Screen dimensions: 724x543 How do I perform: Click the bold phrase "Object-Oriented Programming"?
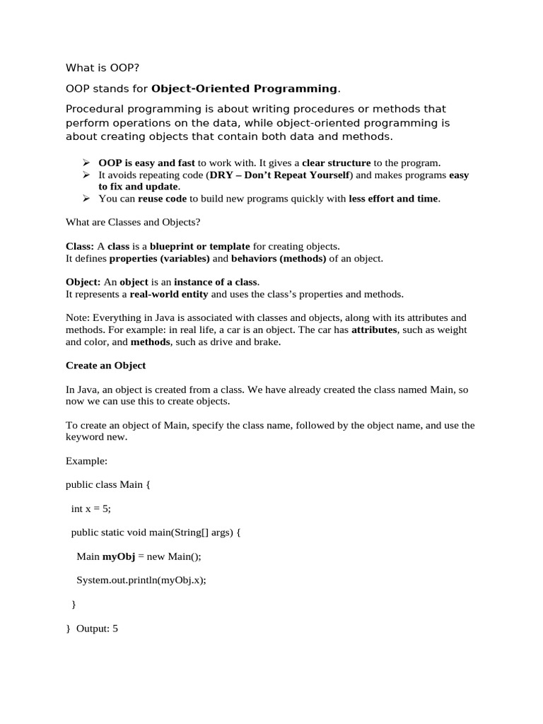coord(245,88)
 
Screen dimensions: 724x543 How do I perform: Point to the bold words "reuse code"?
coord(162,199)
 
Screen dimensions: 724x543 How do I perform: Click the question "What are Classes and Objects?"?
coord(133,223)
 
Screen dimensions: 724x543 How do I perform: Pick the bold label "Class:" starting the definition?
coord(80,247)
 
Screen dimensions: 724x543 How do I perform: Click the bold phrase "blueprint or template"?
coord(199,247)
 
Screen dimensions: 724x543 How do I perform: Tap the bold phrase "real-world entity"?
coord(168,294)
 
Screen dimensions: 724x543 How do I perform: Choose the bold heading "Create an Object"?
coord(105,366)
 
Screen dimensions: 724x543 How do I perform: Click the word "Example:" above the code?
coord(86,461)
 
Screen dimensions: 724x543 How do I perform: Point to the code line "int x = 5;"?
coord(91,509)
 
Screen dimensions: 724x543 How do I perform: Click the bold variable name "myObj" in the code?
coord(118,556)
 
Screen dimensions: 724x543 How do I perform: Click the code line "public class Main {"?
coord(108,485)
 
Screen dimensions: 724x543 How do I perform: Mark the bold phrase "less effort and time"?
coord(393,199)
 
